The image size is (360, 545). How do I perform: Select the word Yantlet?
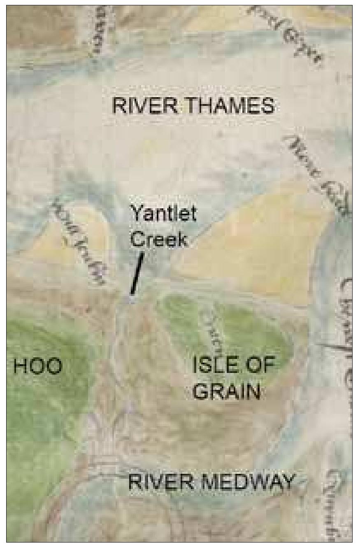(x=163, y=215)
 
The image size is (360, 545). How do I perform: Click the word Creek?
(x=159, y=240)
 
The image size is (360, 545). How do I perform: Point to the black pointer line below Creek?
(x=137, y=274)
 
